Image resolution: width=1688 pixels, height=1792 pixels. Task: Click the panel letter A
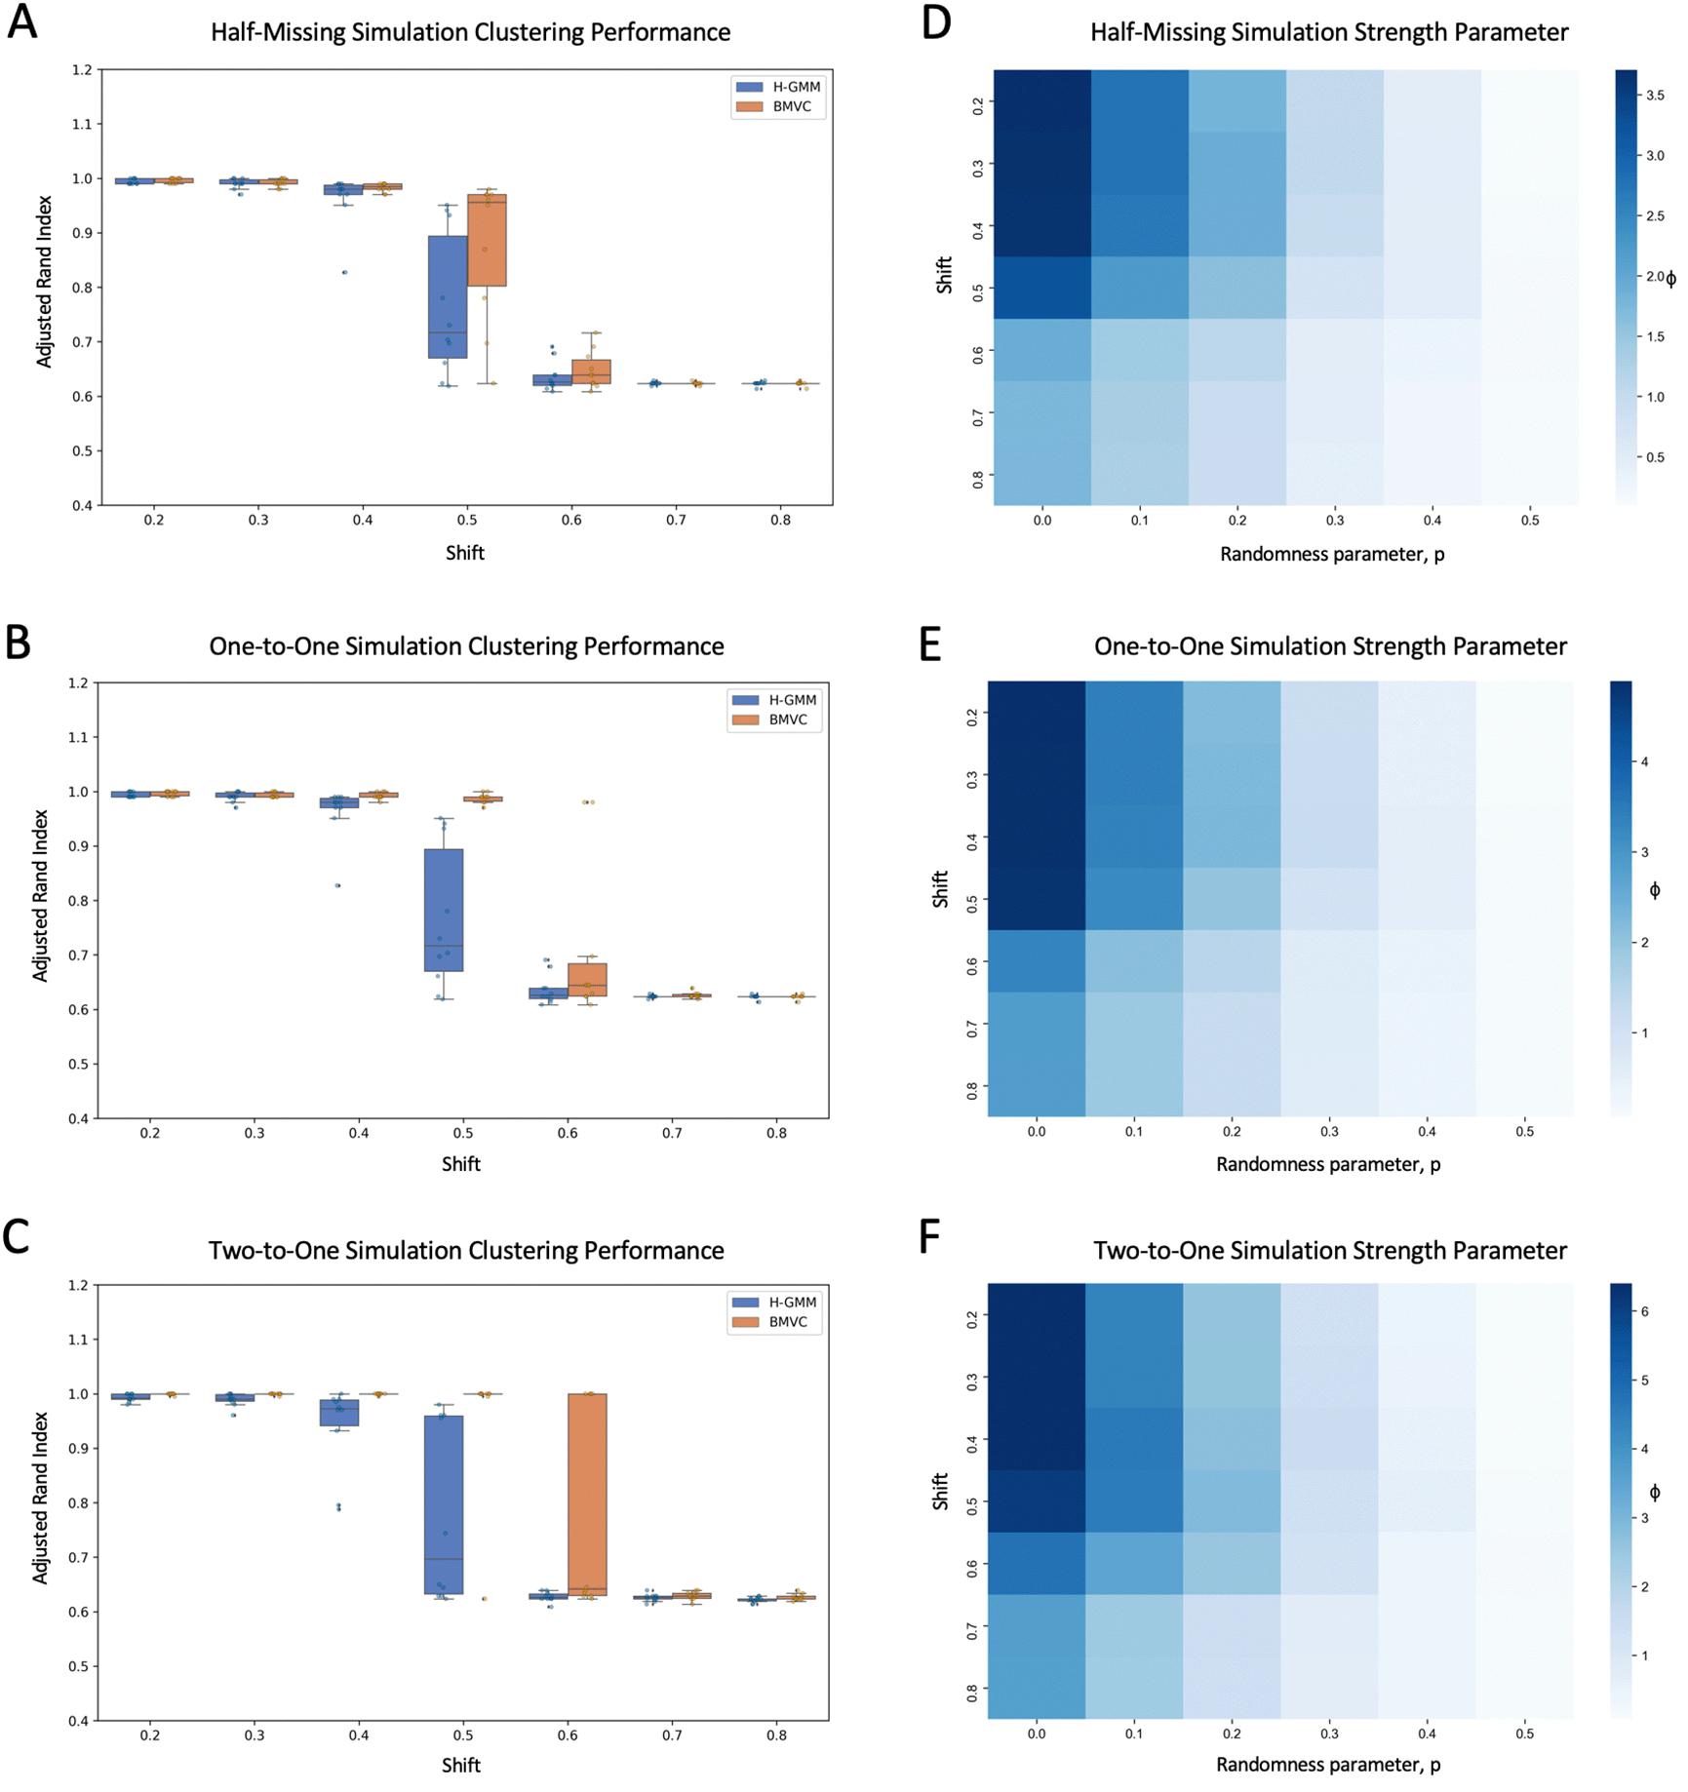point(21,22)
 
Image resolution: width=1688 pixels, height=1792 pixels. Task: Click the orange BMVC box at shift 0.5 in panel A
point(487,240)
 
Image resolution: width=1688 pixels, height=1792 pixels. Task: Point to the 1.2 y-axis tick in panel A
point(82,70)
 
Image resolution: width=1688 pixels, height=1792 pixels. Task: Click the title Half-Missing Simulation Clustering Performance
point(470,32)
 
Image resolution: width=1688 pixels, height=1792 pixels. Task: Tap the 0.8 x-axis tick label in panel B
point(776,1134)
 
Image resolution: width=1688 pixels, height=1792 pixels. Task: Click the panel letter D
point(935,22)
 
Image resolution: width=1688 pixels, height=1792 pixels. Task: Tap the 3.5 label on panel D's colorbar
point(1655,96)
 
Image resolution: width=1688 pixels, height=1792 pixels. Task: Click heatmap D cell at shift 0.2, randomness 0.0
point(1041,100)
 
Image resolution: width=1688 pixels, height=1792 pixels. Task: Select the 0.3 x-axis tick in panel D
point(1334,521)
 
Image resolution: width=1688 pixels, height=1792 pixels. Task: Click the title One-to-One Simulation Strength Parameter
point(1330,646)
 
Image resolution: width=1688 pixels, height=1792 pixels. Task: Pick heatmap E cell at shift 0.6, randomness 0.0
point(1036,961)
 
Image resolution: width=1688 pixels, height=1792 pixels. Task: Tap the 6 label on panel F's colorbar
point(1645,1311)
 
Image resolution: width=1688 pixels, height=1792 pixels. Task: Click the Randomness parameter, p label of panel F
point(1328,1765)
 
